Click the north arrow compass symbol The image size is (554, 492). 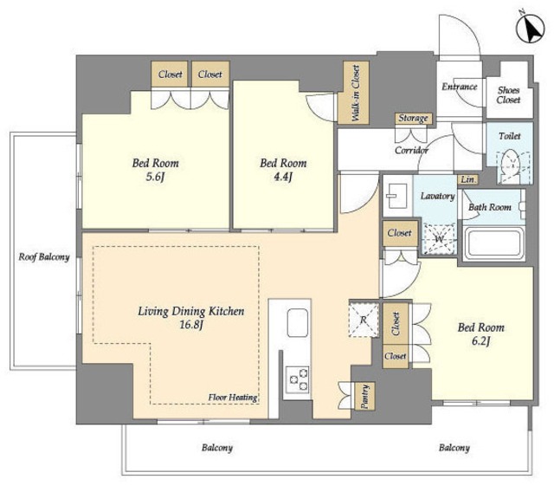pyautogui.click(x=529, y=29)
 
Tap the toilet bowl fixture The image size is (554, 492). pyautogui.click(x=511, y=165)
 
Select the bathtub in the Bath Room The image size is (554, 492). pyautogui.click(x=494, y=243)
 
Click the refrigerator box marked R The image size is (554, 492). pyautogui.click(x=364, y=320)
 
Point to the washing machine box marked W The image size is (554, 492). pyautogui.click(x=439, y=239)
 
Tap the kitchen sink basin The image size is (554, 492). pyautogui.click(x=297, y=323)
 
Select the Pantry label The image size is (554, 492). pyautogui.click(x=365, y=396)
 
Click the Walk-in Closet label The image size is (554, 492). pyautogui.click(x=355, y=94)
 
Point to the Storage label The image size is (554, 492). pyautogui.click(x=413, y=118)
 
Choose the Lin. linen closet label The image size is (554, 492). pyautogui.click(x=468, y=179)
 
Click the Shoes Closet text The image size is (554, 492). pyautogui.click(x=509, y=95)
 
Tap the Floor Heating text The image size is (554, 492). pyautogui.click(x=233, y=398)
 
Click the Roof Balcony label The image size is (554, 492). pyautogui.click(x=44, y=257)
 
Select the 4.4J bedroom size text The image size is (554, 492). pyautogui.click(x=283, y=177)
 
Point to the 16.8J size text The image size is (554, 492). pyautogui.click(x=191, y=325)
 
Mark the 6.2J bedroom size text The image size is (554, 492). pyautogui.click(x=481, y=341)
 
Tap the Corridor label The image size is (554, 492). pyautogui.click(x=411, y=150)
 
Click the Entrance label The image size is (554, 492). pyautogui.click(x=460, y=87)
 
